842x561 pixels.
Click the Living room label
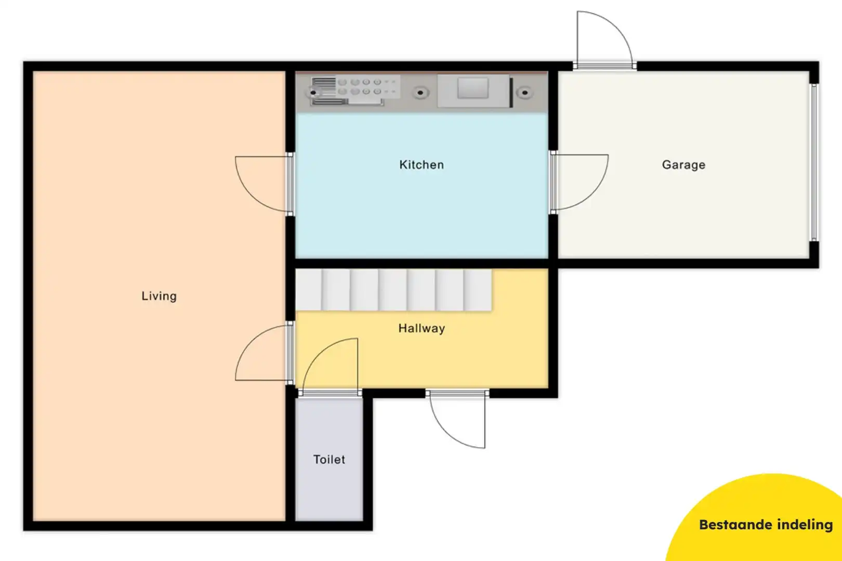point(159,296)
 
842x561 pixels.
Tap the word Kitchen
point(422,165)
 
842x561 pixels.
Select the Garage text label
point(683,165)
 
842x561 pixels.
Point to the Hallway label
point(422,328)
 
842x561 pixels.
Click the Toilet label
point(329,459)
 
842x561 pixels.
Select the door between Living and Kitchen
point(290,183)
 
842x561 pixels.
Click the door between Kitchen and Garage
point(553,182)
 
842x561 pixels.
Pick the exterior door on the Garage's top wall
point(604,66)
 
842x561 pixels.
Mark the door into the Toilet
point(330,393)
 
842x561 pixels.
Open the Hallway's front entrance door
point(457,394)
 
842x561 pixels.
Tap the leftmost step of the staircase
point(309,289)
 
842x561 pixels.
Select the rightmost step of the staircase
point(478,289)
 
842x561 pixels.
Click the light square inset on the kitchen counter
point(472,88)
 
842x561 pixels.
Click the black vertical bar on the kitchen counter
point(511,92)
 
